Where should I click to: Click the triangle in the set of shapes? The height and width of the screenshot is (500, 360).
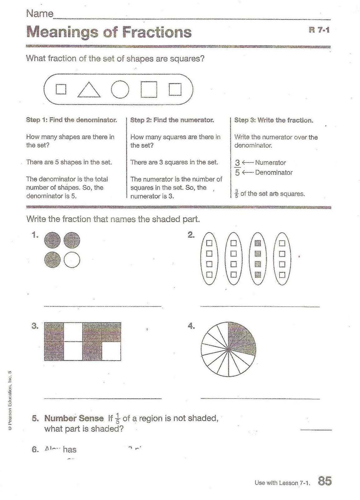click(89, 90)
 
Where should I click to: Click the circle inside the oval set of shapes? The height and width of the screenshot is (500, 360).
click(120, 89)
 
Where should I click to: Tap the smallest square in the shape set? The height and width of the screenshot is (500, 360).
click(61, 89)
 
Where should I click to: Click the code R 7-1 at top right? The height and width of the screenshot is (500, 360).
click(319, 30)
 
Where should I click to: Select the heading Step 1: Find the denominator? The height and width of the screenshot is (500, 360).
click(72, 120)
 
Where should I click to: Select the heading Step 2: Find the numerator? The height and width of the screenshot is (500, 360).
click(172, 120)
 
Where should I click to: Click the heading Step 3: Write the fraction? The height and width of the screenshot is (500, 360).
click(274, 120)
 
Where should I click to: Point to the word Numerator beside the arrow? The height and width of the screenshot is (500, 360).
click(270, 162)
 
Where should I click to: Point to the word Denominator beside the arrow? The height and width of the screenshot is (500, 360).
click(274, 172)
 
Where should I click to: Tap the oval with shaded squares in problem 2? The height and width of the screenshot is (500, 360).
click(257, 259)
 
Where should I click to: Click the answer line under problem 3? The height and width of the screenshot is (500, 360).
click(103, 398)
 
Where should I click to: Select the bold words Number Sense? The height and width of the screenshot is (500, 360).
click(74, 418)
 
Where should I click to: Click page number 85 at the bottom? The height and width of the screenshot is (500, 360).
click(325, 481)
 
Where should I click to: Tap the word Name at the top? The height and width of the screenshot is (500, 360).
click(40, 13)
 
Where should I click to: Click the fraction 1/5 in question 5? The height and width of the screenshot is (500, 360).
click(117, 418)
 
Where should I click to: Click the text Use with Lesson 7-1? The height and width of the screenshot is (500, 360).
click(282, 483)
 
